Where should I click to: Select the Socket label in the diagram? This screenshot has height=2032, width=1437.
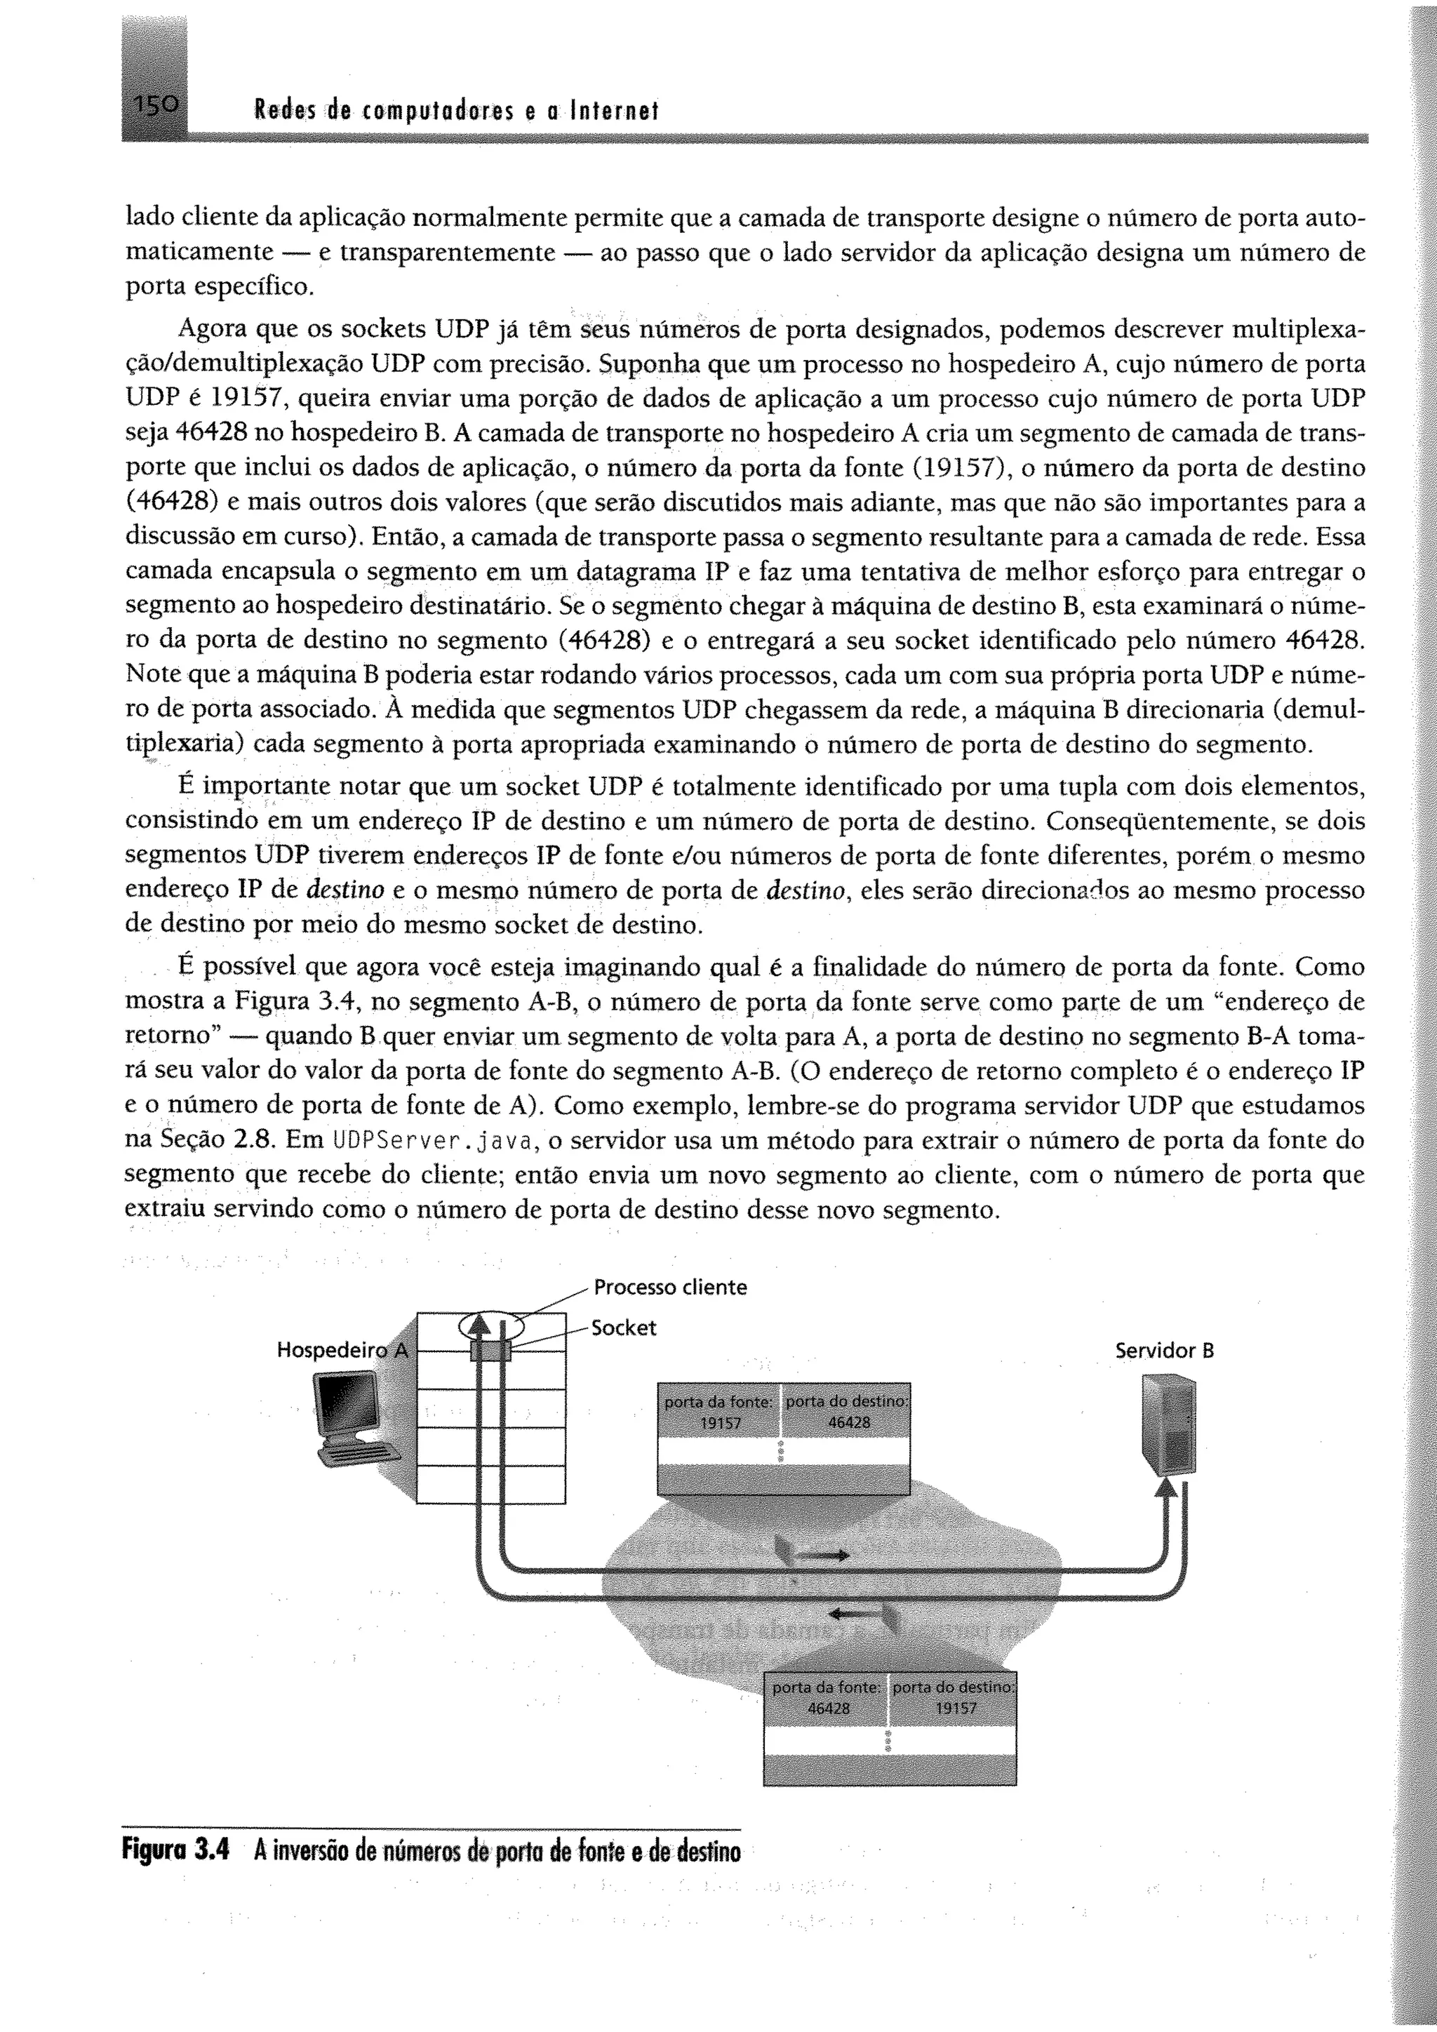tap(624, 1328)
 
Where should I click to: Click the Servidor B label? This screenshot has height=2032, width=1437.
tap(1163, 1351)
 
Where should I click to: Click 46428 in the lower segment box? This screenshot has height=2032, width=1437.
tap(828, 1709)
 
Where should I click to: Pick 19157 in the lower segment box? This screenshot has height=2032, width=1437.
tap(956, 1709)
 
